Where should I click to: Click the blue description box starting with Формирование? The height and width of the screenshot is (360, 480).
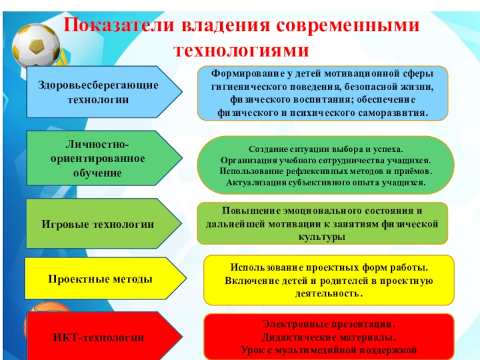[x=323, y=92]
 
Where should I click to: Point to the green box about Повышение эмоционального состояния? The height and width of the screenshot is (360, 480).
[x=322, y=224]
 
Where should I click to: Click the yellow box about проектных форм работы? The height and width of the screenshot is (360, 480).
[x=329, y=280]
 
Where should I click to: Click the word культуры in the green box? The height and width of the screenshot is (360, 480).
[x=322, y=237]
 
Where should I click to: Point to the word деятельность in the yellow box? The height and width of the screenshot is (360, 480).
[x=328, y=294]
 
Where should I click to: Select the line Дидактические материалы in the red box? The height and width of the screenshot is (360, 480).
[x=329, y=337]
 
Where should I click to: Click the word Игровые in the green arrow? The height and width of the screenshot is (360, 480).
[x=65, y=224]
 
